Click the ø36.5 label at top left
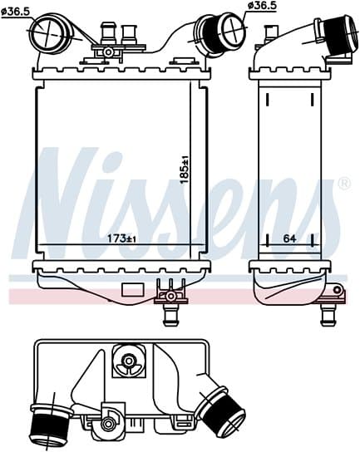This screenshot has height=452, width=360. pyautogui.click(x=16, y=12)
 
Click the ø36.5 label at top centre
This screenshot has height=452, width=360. pyautogui.click(x=263, y=6)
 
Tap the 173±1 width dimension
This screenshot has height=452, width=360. pyautogui.click(x=122, y=238)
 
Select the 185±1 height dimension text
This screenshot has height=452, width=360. pyautogui.click(x=184, y=169)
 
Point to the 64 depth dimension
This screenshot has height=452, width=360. pyautogui.click(x=289, y=238)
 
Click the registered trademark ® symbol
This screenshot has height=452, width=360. pyautogui.click(x=344, y=184)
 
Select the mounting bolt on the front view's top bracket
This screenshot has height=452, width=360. pyautogui.click(x=108, y=52)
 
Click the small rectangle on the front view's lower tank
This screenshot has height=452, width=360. pyautogui.click(x=133, y=290)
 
